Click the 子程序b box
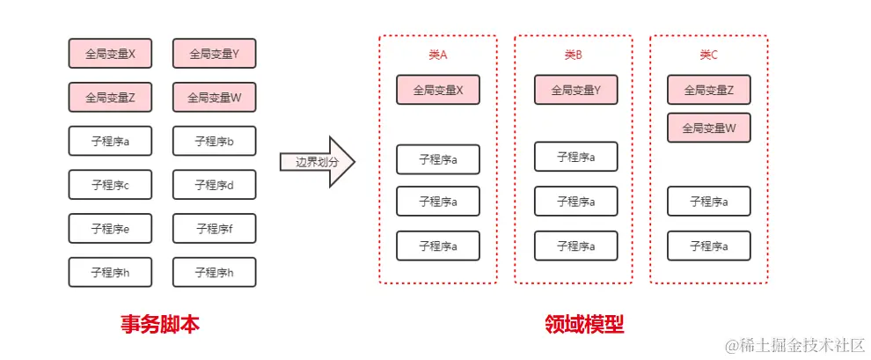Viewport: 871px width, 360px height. (x=214, y=141)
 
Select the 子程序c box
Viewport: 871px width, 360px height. (x=110, y=185)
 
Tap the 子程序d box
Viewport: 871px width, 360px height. (x=214, y=185)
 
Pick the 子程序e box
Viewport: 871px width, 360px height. (x=110, y=229)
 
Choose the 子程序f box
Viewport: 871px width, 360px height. (x=214, y=229)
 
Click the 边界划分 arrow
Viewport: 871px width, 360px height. (x=317, y=162)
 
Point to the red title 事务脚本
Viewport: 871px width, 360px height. (x=160, y=325)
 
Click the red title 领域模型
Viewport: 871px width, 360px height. (x=584, y=325)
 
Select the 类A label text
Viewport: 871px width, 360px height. (x=437, y=55)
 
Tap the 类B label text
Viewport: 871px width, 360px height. (x=574, y=55)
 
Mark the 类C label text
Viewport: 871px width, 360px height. (x=708, y=55)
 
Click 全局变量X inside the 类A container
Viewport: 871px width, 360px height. (x=438, y=90)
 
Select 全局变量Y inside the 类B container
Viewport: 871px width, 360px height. (x=575, y=90)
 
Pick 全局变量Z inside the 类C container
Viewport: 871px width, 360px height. (x=708, y=90)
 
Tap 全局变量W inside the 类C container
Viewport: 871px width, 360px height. (x=708, y=128)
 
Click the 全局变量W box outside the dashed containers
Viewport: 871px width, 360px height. (x=214, y=98)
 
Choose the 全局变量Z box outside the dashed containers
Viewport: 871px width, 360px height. (x=110, y=98)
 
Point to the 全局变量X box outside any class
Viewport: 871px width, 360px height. (x=110, y=54)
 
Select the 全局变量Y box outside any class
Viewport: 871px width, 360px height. (x=214, y=54)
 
